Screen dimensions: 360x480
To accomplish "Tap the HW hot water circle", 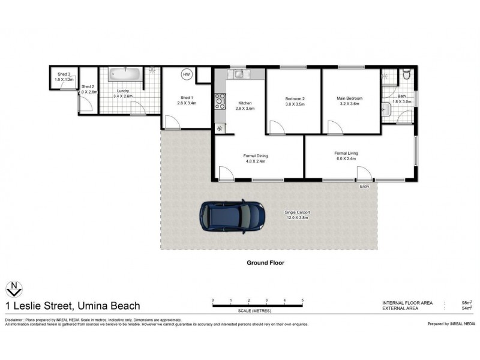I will (x=187, y=75).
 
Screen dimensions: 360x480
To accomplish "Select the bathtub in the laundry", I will (x=125, y=74).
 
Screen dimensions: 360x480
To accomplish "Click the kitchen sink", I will (x=239, y=74).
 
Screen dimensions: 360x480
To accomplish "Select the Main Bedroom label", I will (x=350, y=98).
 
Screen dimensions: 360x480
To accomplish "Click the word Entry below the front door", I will (x=364, y=187).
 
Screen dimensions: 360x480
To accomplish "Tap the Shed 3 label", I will (x=63, y=74).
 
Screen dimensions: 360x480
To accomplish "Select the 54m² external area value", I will (x=467, y=308).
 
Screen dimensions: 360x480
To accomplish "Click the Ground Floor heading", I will (x=265, y=263).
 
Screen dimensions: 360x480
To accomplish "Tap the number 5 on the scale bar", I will (x=302, y=299).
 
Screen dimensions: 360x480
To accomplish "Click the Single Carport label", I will (x=296, y=212).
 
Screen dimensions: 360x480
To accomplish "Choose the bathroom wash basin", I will (x=385, y=109).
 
